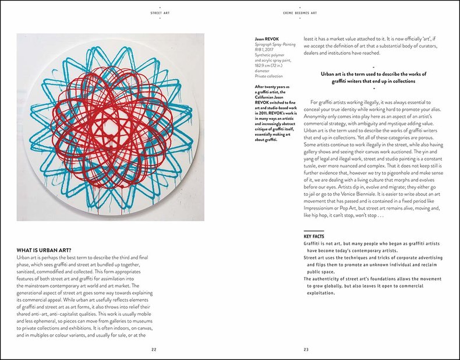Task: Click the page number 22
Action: coord(154,349)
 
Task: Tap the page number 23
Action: coord(306,349)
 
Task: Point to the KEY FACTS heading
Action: coord(314,236)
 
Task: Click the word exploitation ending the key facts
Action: coord(323,293)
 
